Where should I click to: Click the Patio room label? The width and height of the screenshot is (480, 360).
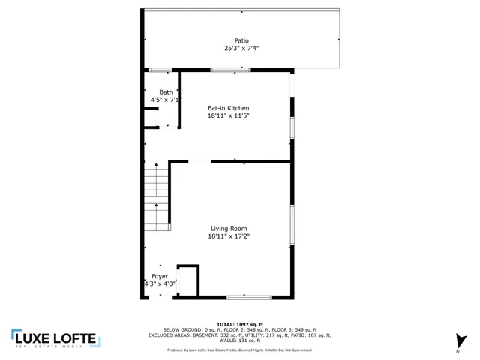tap(241, 40)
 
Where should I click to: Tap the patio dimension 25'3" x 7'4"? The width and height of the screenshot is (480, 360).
tap(241, 48)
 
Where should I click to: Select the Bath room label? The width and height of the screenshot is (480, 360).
tap(165, 92)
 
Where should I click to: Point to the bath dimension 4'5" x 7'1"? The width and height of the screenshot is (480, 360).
tap(165, 100)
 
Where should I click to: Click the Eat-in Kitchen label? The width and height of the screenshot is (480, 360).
tap(229, 109)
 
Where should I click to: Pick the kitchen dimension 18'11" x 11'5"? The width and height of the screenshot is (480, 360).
tap(229, 116)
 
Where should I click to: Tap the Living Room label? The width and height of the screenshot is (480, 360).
tap(229, 229)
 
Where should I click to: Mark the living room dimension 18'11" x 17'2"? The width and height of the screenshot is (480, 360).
tap(229, 236)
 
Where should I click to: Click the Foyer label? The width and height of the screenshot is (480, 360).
tap(159, 276)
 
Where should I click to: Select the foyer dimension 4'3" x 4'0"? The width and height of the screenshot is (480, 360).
tap(159, 283)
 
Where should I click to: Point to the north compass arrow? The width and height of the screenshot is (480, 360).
tap(460, 339)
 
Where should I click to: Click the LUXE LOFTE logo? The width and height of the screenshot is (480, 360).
tap(55, 339)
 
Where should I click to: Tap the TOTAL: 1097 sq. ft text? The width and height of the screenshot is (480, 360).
tap(240, 324)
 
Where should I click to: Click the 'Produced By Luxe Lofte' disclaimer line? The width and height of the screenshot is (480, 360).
tap(240, 350)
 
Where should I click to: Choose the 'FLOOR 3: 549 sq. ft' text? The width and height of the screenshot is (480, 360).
tap(294, 329)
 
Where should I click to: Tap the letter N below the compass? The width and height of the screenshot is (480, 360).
tap(457, 352)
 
